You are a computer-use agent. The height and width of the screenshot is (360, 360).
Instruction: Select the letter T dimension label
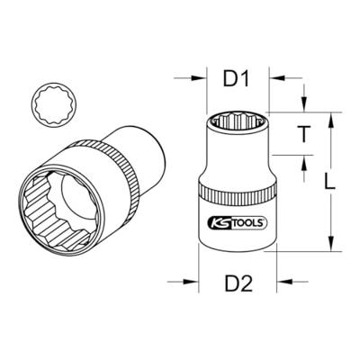coord(304,134)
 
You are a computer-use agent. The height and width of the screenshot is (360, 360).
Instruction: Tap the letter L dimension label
coord(330,181)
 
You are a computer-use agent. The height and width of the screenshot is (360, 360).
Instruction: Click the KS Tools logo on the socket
coord(237,222)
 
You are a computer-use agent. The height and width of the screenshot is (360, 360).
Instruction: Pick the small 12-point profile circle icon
coord(54,104)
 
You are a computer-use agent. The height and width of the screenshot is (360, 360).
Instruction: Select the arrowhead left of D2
coord(191,282)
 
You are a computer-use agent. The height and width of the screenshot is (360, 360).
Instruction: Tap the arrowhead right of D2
coord(284,282)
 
